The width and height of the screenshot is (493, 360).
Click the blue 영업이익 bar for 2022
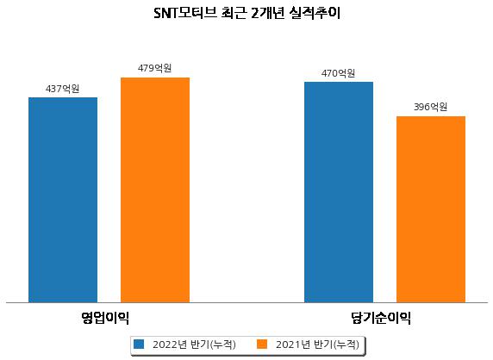point(63,200)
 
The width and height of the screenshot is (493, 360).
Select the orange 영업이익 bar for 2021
point(155,190)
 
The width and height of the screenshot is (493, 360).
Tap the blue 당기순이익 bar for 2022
point(339,192)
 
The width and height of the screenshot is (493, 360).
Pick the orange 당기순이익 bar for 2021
point(431,209)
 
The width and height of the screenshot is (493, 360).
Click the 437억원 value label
point(63,89)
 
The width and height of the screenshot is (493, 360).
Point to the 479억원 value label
point(154,68)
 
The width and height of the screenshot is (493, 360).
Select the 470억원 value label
point(339,73)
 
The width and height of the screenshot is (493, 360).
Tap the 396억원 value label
point(430,107)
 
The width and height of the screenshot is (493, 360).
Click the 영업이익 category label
point(105,318)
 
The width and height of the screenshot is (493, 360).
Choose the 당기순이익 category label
point(381,318)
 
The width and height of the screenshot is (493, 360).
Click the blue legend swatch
point(139,344)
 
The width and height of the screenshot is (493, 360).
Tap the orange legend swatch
point(262,344)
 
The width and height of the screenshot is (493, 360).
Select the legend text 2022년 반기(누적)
point(194,344)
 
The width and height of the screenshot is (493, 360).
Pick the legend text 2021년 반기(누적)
point(317,344)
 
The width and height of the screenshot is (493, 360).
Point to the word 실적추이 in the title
point(315,13)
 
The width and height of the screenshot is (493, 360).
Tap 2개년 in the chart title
point(268,13)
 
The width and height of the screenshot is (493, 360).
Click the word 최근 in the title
point(234,13)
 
